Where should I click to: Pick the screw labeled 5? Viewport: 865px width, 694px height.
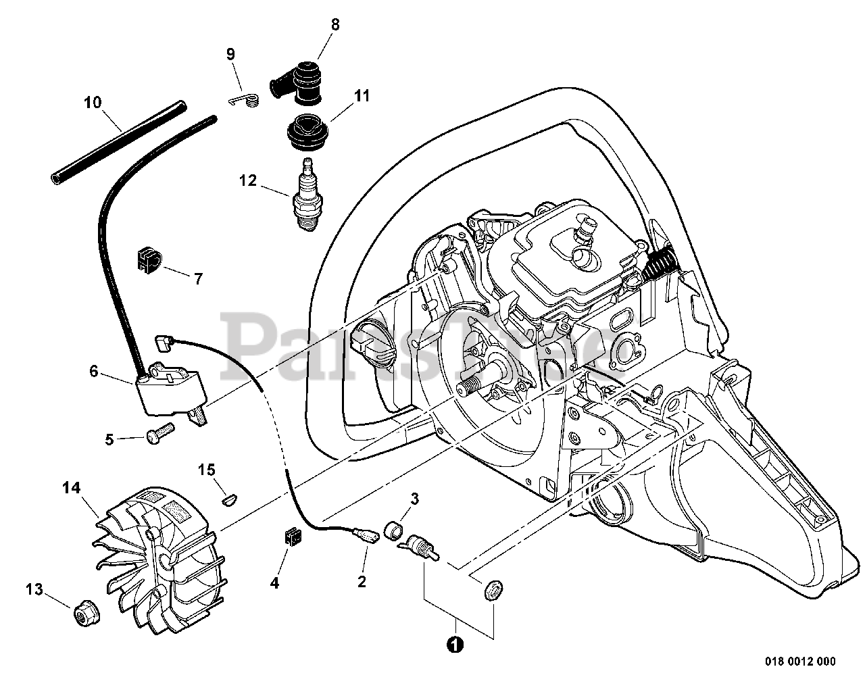tap(159, 431)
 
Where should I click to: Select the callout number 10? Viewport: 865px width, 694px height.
tap(93, 103)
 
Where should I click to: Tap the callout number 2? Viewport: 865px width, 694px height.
tap(362, 581)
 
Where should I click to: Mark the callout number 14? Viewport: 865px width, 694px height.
tap(72, 487)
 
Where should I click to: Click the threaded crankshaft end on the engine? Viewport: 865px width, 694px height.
tap(468, 391)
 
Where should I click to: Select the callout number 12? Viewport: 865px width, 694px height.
tap(248, 180)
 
